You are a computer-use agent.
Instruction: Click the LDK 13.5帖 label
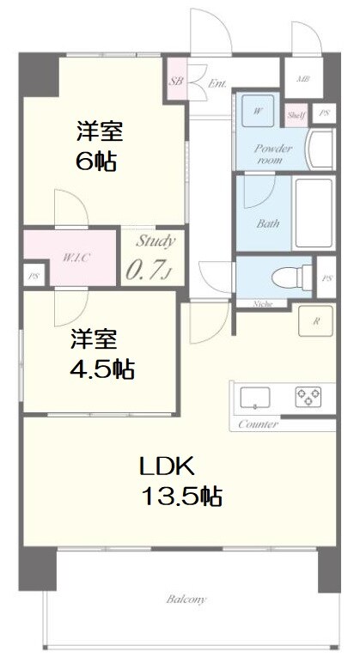click(180, 481)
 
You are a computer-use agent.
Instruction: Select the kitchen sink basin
click(255, 396)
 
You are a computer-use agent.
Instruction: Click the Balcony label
click(186, 600)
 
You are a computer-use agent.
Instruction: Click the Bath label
click(268, 224)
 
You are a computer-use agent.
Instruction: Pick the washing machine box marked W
click(259, 109)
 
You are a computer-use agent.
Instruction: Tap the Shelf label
click(296, 114)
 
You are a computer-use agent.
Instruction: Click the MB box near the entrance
click(302, 80)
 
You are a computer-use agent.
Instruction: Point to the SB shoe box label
click(176, 82)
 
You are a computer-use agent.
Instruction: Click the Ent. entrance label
click(217, 84)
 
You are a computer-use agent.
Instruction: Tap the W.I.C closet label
click(72, 256)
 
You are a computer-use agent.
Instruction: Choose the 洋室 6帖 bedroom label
click(99, 146)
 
